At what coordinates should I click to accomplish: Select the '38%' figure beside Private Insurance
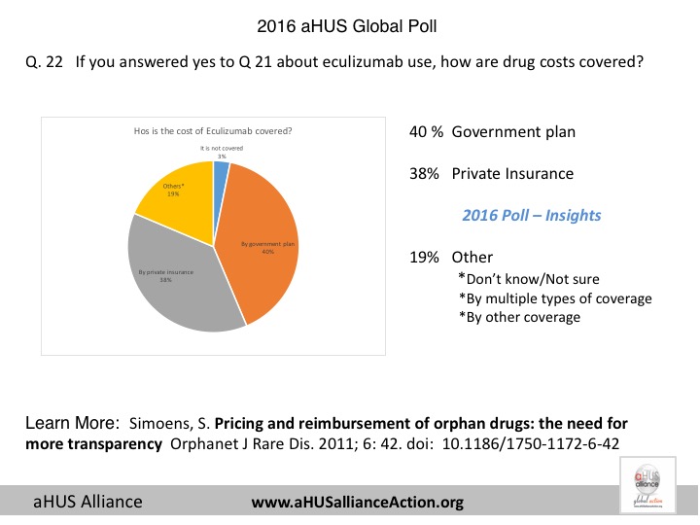(427, 174)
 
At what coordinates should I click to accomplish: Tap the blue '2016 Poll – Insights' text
(531, 215)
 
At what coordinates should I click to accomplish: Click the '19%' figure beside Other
(427, 258)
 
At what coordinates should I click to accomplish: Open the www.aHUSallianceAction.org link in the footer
(358, 503)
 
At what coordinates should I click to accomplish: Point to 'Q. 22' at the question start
(44, 62)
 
